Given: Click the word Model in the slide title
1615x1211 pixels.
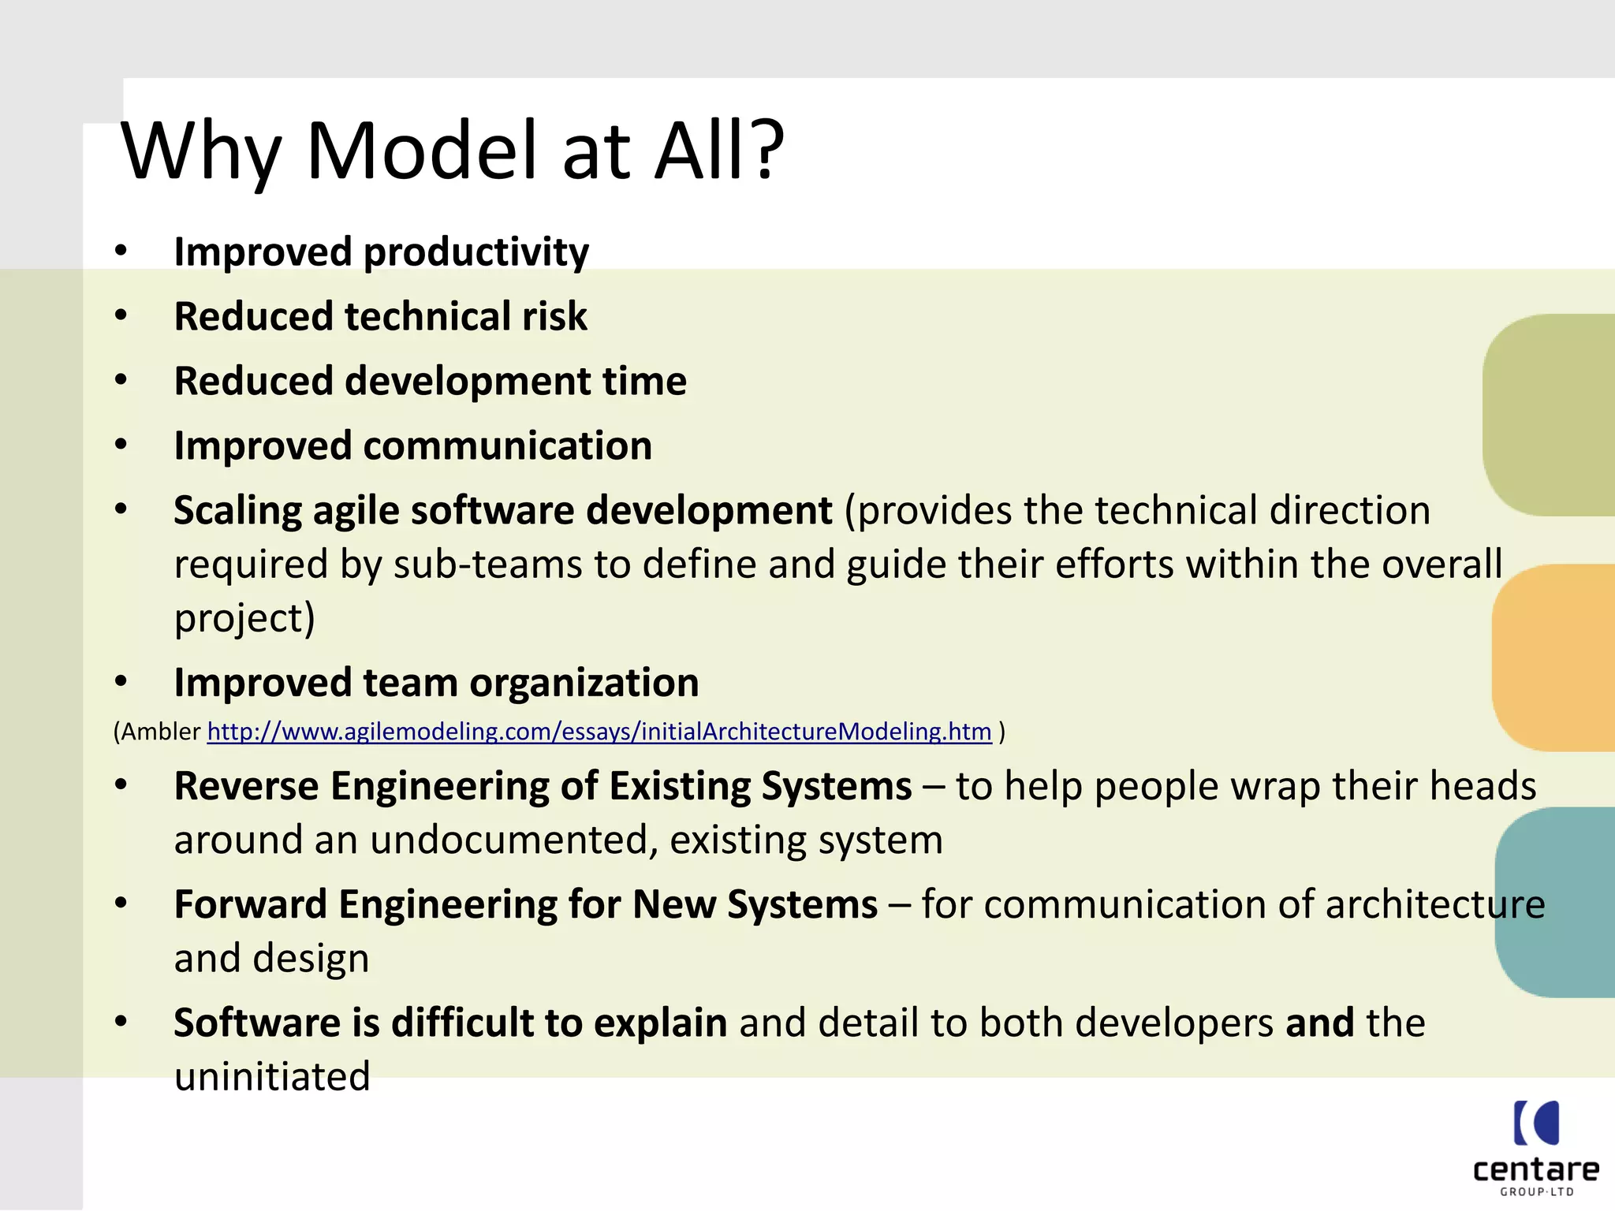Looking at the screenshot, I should [423, 150].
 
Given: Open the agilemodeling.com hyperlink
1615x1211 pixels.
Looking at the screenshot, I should [599, 732].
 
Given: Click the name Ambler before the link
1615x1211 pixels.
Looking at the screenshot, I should [161, 732].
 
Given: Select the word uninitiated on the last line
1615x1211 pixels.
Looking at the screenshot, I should [272, 1077].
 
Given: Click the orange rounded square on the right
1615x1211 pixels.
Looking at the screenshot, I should [1552, 658].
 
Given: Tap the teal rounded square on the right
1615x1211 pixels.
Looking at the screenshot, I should [1553, 902].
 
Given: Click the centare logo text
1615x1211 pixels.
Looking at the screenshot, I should [1535, 1170].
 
